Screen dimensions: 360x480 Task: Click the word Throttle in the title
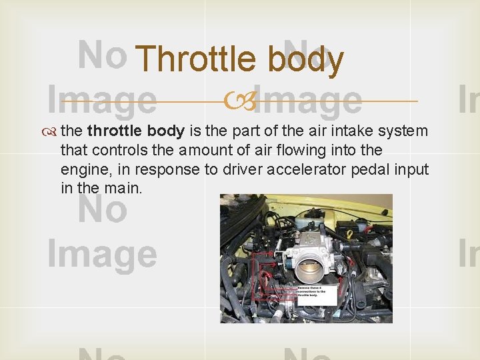click(195, 59)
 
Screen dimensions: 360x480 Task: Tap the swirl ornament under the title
click(240, 102)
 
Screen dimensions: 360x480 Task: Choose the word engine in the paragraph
click(81, 169)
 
